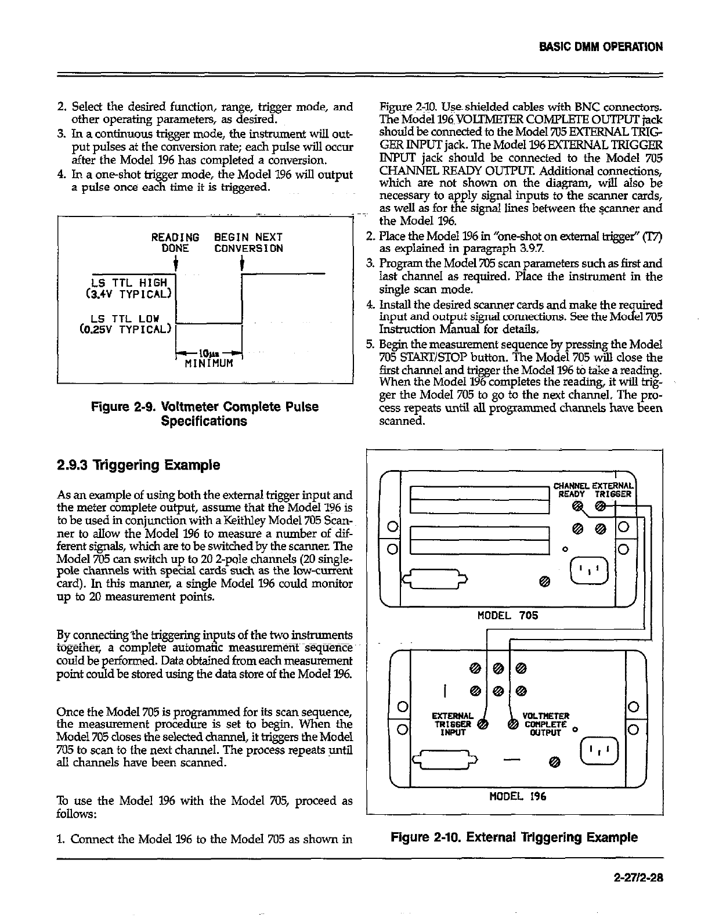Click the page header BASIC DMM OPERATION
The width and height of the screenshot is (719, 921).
[x=601, y=46]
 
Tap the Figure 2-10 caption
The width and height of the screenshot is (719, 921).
[x=514, y=837]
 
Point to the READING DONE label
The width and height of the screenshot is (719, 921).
[x=175, y=243]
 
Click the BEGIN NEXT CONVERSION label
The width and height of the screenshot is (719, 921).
[x=248, y=243]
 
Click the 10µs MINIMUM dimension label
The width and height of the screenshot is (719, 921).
[x=208, y=358]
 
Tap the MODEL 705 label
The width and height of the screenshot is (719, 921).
[x=507, y=615]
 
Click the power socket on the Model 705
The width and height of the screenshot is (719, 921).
[x=588, y=570]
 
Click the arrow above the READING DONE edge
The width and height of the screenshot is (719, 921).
[x=175, y=264]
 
